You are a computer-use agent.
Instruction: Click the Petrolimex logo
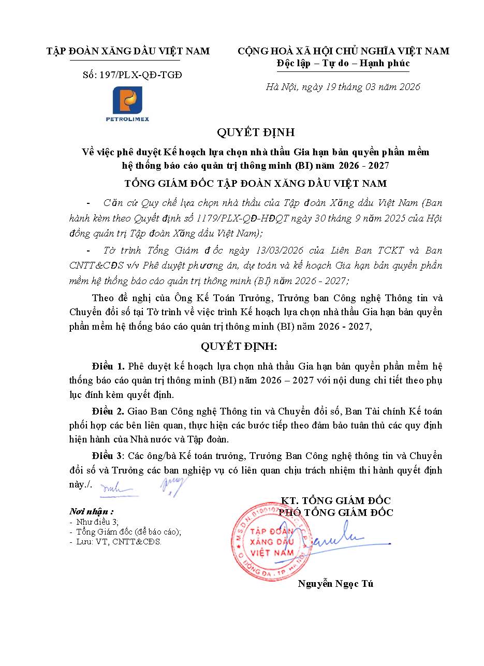click(127, 103)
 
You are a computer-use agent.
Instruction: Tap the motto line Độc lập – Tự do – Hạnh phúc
click(343, 63)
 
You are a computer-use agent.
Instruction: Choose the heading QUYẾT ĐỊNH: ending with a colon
click(239, 346)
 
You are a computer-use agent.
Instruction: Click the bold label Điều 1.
click(108, 366)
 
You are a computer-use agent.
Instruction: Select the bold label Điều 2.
click(108, 411)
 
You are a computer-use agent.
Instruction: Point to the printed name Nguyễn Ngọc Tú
click(335, 584)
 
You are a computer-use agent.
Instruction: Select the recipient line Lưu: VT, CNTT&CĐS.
click(119, 542)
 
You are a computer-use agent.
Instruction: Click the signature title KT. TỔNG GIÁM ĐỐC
click(335, 500)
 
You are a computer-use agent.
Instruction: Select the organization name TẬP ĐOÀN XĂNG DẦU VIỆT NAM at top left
click(128, 51)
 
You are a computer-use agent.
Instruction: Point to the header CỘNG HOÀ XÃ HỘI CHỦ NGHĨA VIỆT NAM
click(343, 51)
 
